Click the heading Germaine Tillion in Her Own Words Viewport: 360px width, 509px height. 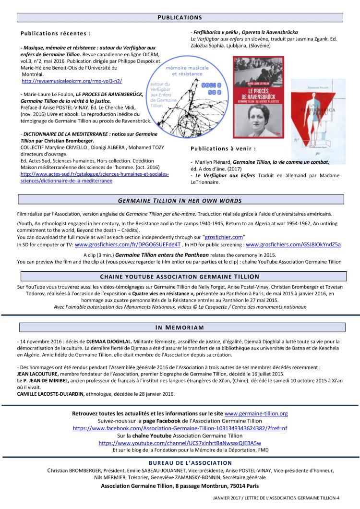click(x=180, y=200)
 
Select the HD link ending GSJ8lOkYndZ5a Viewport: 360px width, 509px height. click(x=293, y=244)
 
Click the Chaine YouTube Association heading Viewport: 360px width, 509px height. click(x=180, y=277)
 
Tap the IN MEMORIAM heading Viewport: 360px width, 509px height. click(x=180, y=327)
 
